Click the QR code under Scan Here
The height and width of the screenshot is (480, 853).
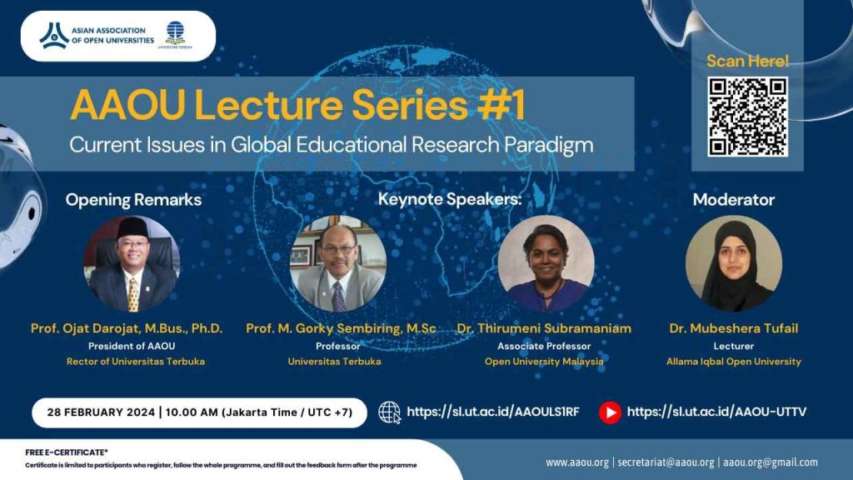pos(747,117)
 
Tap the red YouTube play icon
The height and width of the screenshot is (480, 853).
pos(610,412)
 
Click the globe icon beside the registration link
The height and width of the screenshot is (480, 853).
pos(389,412)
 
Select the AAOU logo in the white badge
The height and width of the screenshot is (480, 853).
pos(54,35)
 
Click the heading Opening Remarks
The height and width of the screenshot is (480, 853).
pos(133,200)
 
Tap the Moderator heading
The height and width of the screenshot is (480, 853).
pos(733,200)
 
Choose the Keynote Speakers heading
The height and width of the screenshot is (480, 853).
pos(450,200)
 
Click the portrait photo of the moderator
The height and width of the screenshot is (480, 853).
pos(733,263)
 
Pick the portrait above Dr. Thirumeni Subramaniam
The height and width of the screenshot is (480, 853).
pos(546,263)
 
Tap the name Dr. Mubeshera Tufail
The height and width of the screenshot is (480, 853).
pos(733,328)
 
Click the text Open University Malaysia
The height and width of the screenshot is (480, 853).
pos(544,362)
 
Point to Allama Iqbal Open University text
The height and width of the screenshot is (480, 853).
pos(733,362)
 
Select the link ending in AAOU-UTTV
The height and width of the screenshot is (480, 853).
pos(716,412)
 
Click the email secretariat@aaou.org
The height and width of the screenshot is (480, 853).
pos(667,462)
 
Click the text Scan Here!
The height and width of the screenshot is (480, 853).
pos(747,61)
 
